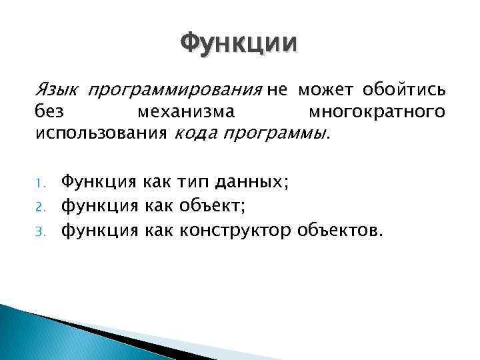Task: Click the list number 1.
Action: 39,181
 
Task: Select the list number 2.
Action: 39,207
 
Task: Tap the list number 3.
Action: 39,232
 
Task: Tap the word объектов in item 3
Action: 340,232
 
